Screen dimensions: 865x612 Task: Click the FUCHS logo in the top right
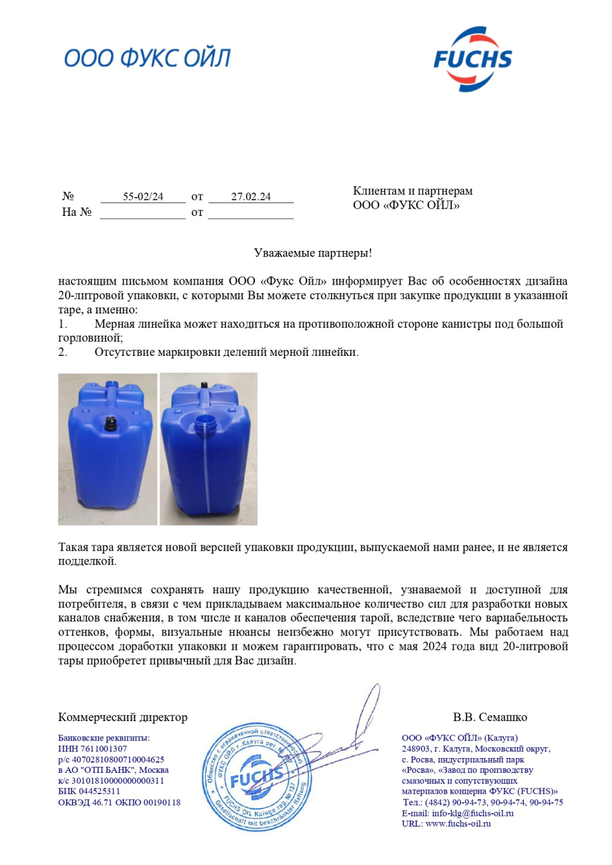click(472, 59)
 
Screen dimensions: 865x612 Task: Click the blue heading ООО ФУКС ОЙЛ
click(147, 59)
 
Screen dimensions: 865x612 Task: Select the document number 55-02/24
click(143, 197)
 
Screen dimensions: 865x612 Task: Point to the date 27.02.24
click(251, 197)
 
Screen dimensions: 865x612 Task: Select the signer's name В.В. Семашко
click(490, 717)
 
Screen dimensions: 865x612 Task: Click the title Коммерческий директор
click(122, 717)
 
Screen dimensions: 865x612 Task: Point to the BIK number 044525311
click(98, 792)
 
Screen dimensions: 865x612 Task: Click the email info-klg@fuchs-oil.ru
click(472, 813)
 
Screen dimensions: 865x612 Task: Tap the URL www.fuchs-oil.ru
click(458, 824)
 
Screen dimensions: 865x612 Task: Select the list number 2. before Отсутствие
click(63, 352)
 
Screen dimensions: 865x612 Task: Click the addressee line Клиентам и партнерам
click(412, 192)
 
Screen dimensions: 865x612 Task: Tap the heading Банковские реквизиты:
click(104, 738)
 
